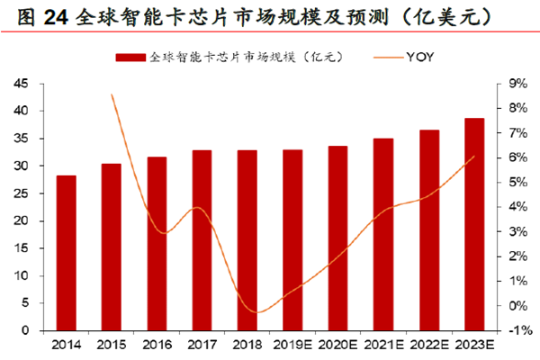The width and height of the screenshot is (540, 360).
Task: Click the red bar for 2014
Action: tap(66, 253)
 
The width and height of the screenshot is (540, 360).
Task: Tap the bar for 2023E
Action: tap(474, 224)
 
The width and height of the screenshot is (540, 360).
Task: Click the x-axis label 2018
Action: tap(247, 344)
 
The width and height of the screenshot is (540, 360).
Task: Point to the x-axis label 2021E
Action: tap(383, 344)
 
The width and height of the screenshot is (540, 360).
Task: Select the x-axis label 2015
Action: tap(111, 344)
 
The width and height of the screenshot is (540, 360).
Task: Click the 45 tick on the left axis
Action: tap(21, 84)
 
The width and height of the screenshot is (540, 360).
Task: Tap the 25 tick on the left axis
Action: tap(21, 193)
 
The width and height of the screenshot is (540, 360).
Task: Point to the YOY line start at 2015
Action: tap(111, 94)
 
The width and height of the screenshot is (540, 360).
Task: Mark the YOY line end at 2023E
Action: tap(474, 157)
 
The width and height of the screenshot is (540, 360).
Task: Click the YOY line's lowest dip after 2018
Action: tap(258, 312)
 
